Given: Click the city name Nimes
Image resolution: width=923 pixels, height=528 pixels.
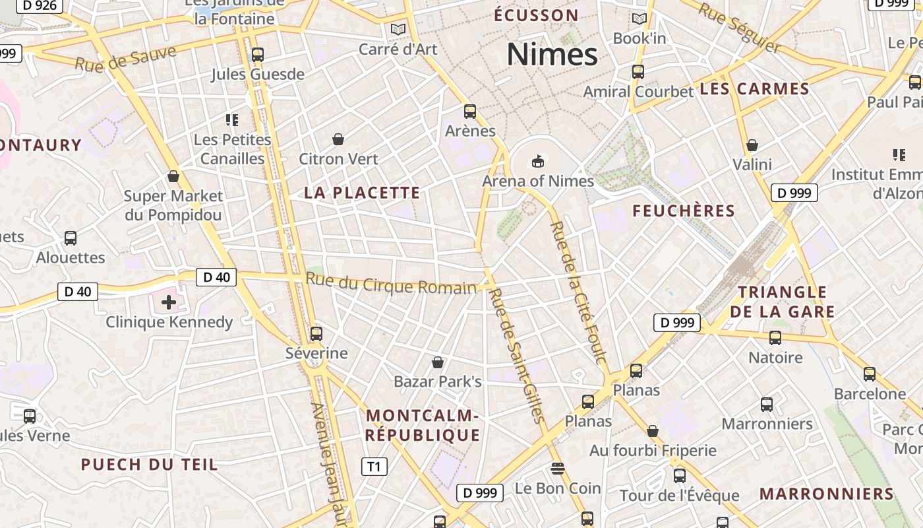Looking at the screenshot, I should (552, 54).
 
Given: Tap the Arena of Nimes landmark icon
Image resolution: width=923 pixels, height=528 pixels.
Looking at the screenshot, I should (538, 161).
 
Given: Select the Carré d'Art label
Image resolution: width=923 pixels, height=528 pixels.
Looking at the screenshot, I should (398, 49).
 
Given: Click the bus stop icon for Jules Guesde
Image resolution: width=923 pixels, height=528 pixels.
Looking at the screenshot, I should (258, 55).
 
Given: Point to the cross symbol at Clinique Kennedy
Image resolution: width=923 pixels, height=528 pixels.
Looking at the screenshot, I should (169, 302).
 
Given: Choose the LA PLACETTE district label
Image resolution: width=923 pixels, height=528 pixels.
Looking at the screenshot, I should (362, 193).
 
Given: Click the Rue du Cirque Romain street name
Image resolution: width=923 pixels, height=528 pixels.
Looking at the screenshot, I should (390, 284).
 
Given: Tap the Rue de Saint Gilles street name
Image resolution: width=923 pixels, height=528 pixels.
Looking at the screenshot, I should (518, 355).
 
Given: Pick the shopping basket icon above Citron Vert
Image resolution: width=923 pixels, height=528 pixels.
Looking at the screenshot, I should (338, 139).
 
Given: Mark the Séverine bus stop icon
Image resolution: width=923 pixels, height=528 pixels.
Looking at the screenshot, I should (316, 333).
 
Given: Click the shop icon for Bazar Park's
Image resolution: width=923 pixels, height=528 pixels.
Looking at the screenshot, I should (437, 362).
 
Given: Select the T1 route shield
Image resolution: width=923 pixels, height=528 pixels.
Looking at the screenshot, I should (374, 467).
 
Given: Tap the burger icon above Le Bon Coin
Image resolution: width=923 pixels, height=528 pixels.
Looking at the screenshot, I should (558, 469).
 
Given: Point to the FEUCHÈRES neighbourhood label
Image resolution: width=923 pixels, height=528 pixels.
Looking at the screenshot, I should (684, 211).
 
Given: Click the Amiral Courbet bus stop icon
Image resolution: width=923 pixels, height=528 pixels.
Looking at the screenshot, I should (638, 72).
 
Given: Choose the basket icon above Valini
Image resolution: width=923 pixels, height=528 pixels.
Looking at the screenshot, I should (752, 145).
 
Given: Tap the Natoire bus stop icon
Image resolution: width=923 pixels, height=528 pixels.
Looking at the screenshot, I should (775, 338).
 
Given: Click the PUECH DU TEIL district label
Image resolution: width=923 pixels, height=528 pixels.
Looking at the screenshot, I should (149, 465).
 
